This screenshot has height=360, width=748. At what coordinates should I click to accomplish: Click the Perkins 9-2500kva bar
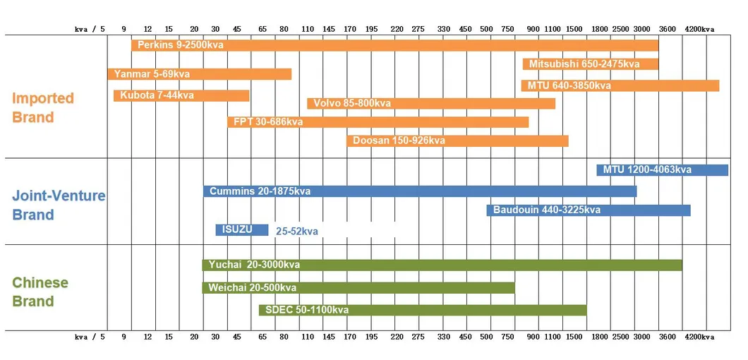[394, 45]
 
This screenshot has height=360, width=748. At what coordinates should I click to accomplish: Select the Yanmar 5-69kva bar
[199, 74]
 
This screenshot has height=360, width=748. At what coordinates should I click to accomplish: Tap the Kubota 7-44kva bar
[181, 96]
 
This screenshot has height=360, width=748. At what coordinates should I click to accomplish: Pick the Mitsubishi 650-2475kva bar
[590, 64]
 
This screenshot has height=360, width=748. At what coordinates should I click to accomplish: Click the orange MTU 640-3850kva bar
[620, 85]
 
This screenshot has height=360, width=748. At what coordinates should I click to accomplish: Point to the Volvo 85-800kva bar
[430, 104]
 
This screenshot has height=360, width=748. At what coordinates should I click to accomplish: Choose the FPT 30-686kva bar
[378, 122]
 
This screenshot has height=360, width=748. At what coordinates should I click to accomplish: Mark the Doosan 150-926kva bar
[457, 140]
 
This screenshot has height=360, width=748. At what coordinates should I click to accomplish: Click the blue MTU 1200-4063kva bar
[662, 170]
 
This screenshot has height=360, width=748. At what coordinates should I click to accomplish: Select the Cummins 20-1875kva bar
[420, 191]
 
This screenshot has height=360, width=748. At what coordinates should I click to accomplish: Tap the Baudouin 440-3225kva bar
[588, 210]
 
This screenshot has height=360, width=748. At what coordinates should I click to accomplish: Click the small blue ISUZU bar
[242, 230]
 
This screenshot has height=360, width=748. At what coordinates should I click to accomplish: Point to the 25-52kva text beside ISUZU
[296, 232]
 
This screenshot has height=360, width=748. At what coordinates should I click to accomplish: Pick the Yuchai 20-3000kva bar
[442, 265]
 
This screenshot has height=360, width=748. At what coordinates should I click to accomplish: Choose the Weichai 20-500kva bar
[358, 288]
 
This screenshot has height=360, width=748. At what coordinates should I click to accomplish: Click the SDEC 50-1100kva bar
[422, 310]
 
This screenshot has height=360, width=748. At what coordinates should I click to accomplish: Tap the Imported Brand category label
[43, 107]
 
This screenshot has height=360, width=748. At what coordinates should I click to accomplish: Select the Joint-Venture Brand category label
[59, 205]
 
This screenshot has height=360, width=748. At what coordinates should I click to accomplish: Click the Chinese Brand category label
[40, 292]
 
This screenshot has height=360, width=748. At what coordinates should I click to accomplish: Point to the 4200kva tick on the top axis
[699, 30]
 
